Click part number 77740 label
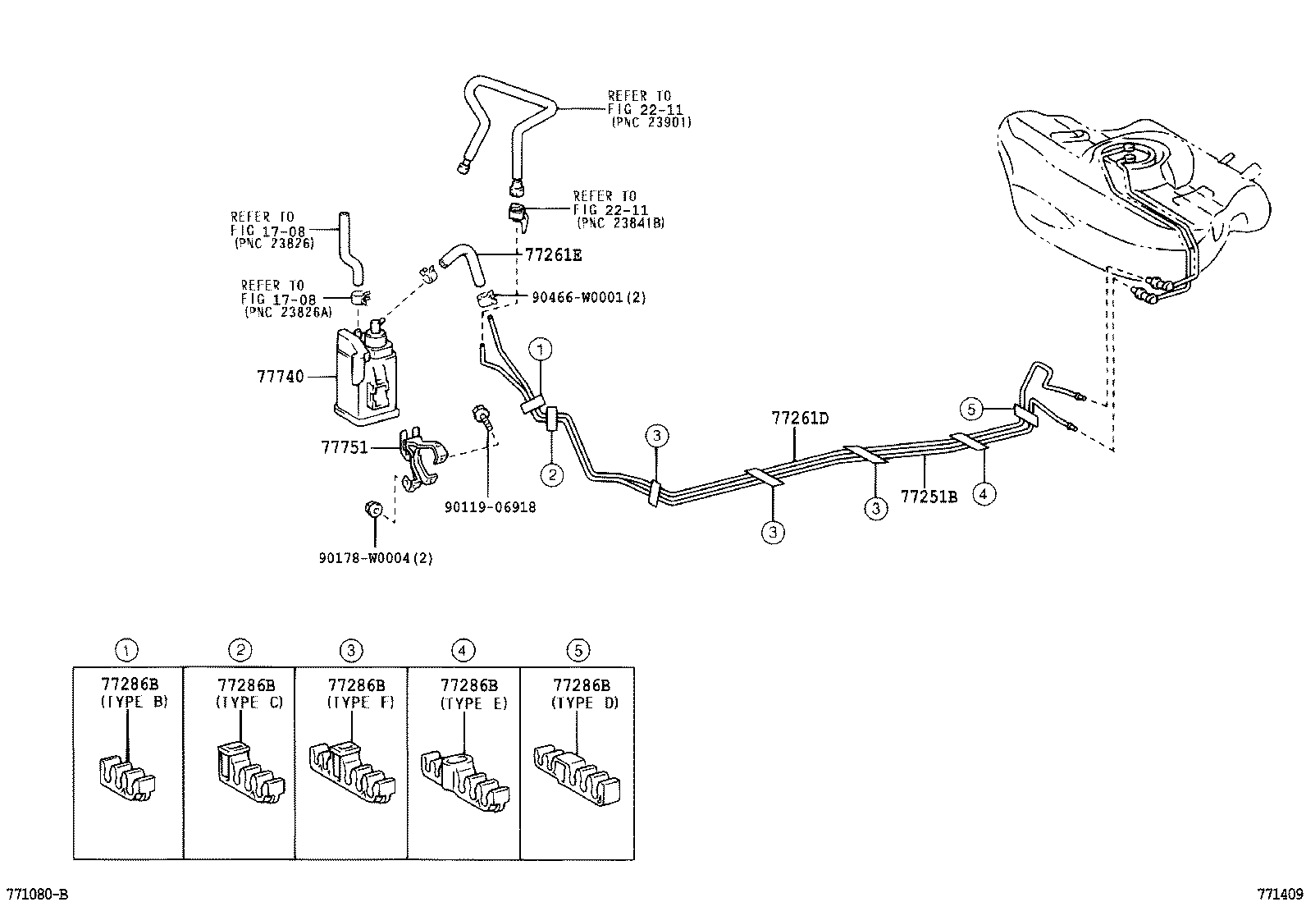[280, 377]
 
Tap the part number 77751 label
[344, 447]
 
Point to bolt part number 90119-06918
[490, 508]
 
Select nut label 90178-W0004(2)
[375, 558]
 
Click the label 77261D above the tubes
[799, 419]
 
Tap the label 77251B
[929, 497]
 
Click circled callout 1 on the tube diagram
[541, 350]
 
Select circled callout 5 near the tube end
[971, 408]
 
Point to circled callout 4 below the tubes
[984, 493]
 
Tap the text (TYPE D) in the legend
[585, 703]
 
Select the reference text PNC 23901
[651, 121]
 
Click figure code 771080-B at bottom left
[37, 893]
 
